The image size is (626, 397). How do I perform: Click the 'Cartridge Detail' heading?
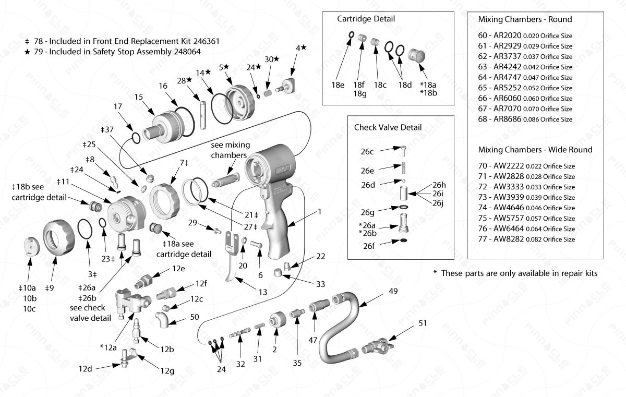[366, 19]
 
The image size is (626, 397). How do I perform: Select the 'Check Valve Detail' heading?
[388, 127]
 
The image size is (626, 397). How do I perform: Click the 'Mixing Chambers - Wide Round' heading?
[535, 150]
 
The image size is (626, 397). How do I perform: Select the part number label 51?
[423, 323]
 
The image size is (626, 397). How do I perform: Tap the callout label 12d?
[86, 368]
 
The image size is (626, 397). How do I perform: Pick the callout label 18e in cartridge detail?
[339, 83]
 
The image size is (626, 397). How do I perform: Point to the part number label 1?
[319, 212]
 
